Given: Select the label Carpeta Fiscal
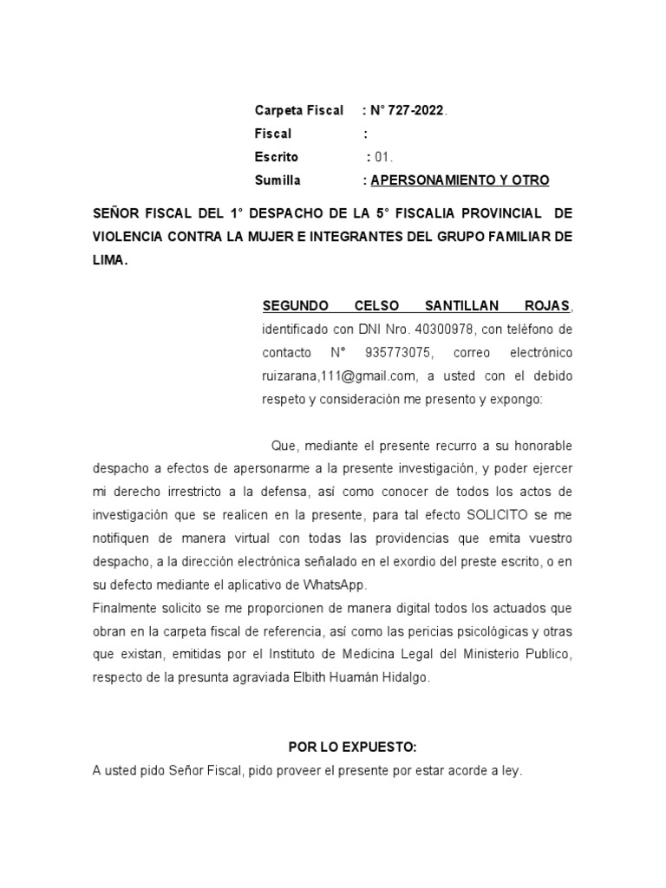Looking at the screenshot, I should pos(298,110).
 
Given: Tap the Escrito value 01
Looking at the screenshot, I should pos(382,157).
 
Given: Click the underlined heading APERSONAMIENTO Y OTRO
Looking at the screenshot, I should pos(460,180).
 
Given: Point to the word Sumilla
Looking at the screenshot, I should pos(277,180).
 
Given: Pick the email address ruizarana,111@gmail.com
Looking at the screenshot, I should pos(338,376).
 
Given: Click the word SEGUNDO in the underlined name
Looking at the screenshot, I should pos(295,306).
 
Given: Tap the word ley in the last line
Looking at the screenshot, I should pos(513,770).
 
